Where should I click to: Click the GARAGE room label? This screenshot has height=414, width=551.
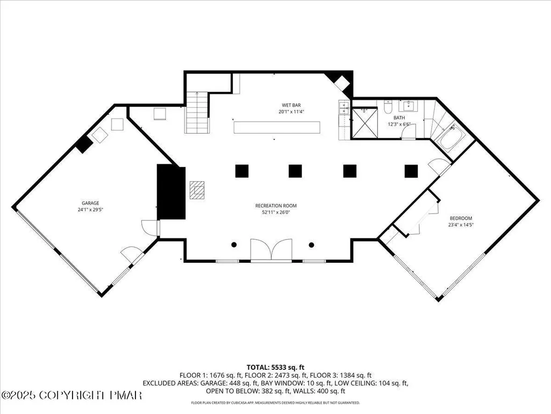(x=90, y=203)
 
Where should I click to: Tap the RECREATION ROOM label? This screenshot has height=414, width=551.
(x=276, y=206)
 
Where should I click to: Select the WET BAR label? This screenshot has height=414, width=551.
(x=291, y=105)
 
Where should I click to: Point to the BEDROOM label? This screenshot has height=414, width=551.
(x=461, y=218)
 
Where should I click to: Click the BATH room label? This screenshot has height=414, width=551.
(x=399, y=117)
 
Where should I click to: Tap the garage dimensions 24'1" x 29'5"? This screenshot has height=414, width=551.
(x=90, y=210)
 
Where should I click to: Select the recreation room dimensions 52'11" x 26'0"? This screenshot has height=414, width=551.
(x=276, y=212)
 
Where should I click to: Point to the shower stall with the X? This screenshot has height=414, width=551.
(x=365, y=123)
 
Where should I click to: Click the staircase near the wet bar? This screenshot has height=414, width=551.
(x=197, y=113)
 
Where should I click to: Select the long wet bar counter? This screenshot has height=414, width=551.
(x=277, y=128)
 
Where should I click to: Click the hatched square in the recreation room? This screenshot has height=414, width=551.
(x=197, y=190)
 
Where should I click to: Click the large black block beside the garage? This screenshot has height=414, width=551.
(x=171, y=192)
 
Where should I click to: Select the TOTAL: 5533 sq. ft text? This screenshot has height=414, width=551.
(x=275, y=368)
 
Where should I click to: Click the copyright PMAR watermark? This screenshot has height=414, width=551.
(x=71, y=395)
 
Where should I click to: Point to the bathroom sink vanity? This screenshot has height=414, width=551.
(x=410, y=106)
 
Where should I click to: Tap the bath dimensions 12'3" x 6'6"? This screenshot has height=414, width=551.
(x=399, y=124)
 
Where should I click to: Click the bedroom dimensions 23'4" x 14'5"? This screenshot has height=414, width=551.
(x=461, y=225)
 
